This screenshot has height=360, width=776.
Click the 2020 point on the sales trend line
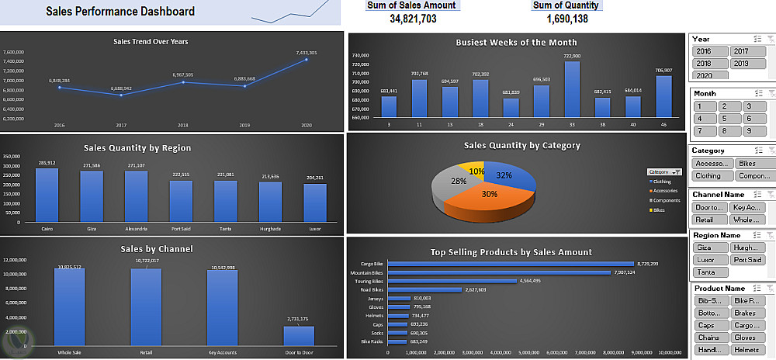tap(307, 59)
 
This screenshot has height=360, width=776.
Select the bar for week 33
tap(572, 89)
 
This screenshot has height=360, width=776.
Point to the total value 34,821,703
tap(412, 19)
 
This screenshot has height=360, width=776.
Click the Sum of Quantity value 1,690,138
tap(566, 19)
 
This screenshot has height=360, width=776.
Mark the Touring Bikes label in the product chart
tap(370, 281)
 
